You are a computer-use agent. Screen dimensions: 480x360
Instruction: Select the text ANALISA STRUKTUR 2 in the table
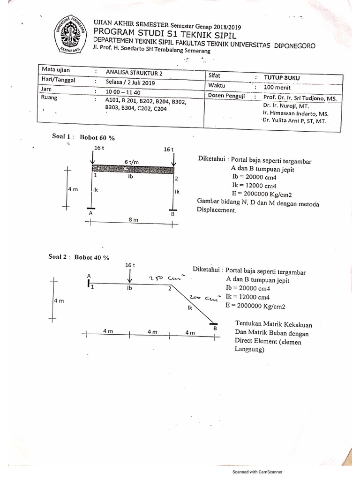pyautogui.click(x=135, y=72)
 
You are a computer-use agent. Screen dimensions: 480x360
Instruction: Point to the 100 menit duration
pyautogui.click(x=277, y=87)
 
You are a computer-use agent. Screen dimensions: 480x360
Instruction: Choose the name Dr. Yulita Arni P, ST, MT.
pyautogui.click(x=294, y=120)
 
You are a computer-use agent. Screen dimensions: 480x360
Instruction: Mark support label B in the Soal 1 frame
pyautogui.click(x=172, y=213)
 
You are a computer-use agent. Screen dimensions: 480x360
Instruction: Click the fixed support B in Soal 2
pyautogui.click(x=213, y=324)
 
